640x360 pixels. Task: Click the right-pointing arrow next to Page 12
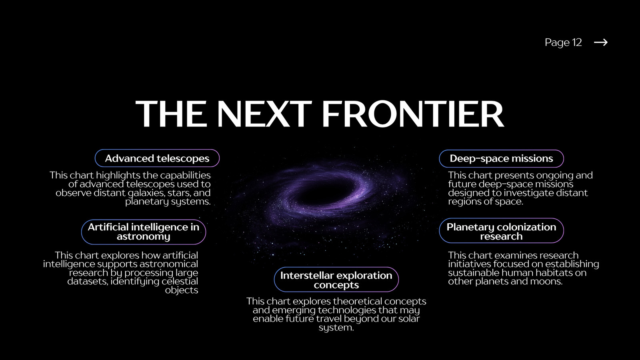pos(600,42)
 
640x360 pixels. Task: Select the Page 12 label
pos(563,42)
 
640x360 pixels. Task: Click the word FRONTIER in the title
pos(413,114)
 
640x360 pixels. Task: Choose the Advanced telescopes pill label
pos(157,158)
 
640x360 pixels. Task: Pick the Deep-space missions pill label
pos(502,158)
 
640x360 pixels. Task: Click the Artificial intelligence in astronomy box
pos(144,232)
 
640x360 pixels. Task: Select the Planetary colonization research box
pos(502,230)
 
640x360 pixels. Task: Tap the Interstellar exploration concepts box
pos(336,280)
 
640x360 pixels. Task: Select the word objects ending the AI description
pos(182,290)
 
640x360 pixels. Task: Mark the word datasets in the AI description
pos(88,282)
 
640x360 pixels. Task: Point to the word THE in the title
pos(171,114)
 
